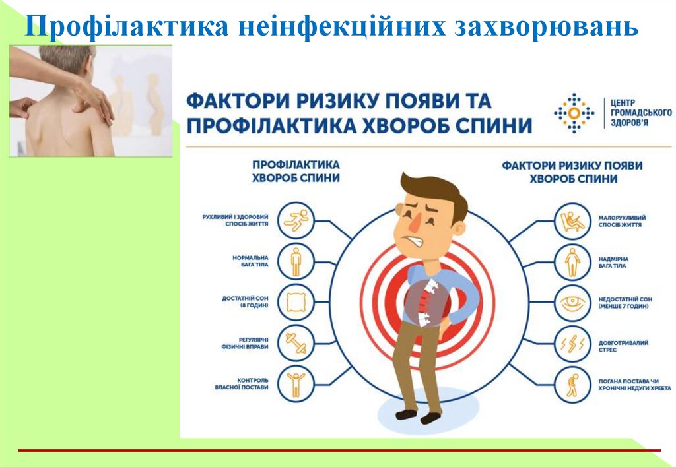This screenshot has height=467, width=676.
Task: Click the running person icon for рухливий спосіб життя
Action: click(x=296, y=220)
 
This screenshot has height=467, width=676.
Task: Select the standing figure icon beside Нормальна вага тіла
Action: click(x=296, y=261)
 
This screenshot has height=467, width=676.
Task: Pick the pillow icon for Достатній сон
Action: click(x=296, y=303)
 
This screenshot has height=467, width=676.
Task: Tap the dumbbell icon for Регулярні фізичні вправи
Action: click(x=296, y=344)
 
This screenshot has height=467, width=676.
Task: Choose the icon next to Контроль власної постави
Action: click(x=296, y=384)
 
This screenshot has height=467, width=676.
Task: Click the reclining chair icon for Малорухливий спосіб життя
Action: click(x=571, y=220)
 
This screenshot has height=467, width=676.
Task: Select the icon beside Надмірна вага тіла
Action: click(x=571, y=261)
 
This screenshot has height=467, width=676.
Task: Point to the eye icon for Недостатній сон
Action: click(x=571, y=303)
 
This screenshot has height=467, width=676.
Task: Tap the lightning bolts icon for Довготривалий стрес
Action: click(x=571, y=344)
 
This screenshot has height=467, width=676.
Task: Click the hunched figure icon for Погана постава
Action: click(x=571, y=384)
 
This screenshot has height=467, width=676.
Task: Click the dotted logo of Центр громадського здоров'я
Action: click(x=572, y=113)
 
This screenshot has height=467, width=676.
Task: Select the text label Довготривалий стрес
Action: click(x=623, y=346)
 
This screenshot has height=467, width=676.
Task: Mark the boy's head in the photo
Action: click(x=66, y=63)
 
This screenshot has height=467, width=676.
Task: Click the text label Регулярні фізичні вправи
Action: click(x=244, y=346)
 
